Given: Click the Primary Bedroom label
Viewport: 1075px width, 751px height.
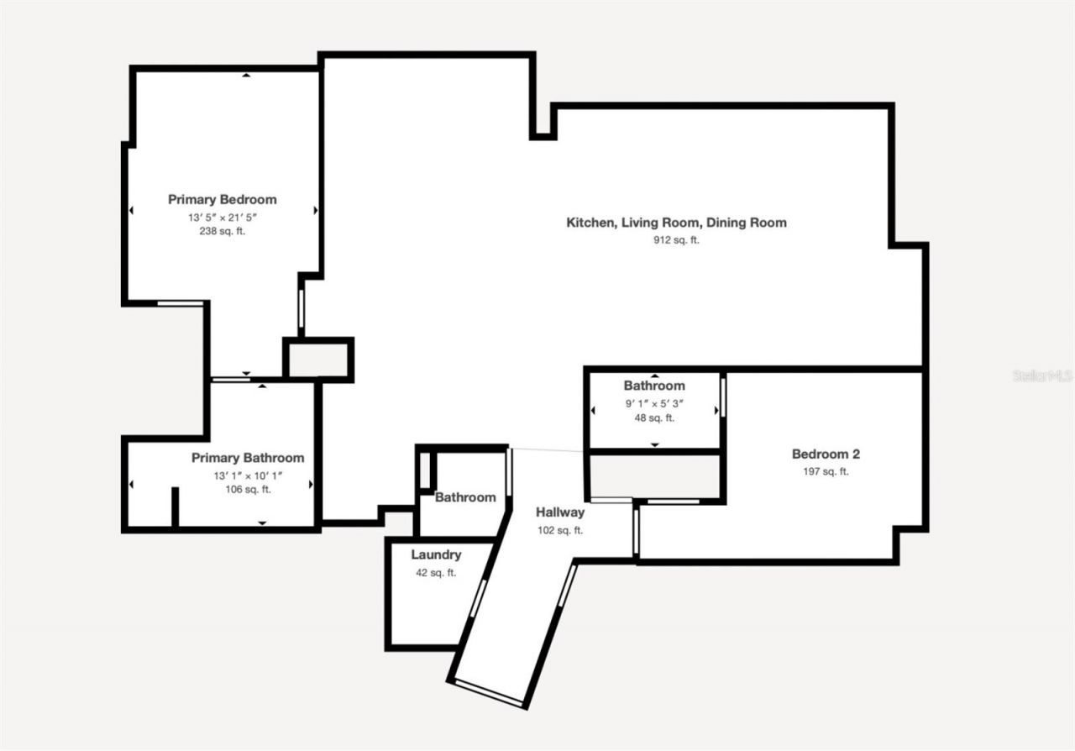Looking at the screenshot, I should point(222,200).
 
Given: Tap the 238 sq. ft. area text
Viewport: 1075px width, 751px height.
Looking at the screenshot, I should point(222,231).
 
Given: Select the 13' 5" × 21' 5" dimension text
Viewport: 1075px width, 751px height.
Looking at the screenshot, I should point(222,217).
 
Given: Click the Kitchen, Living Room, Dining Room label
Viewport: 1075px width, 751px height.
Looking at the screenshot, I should point(676,223).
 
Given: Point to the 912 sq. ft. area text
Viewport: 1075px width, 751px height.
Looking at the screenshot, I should point(676,239).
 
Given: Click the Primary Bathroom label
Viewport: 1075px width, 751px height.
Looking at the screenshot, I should point(248,458).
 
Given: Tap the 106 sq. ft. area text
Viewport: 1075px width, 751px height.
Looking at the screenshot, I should point(248,490).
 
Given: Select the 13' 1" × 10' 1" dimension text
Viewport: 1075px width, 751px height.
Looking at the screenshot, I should point(248,475).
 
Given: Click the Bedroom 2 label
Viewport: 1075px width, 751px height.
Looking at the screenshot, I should point(826,454).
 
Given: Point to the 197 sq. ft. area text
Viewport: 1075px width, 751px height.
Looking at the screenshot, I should point(826,471).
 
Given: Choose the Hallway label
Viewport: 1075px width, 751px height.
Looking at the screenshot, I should point(560,512).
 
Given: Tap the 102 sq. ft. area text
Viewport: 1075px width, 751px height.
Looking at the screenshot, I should point(560,530).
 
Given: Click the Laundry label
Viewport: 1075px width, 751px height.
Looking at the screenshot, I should point(436,555).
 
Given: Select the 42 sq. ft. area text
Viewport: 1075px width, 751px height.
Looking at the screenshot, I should point(436,573).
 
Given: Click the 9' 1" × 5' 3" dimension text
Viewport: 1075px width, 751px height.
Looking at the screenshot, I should point(654,403).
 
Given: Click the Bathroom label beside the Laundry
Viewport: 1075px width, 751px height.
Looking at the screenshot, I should point(464,497).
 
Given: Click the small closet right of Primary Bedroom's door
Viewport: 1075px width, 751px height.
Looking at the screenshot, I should point(318,360).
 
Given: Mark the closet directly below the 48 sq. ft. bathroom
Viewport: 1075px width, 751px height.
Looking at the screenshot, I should point(654,475).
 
